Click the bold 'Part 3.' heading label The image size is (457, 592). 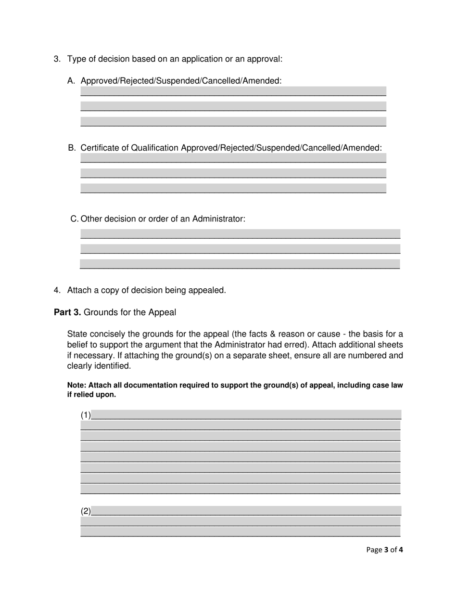coord(67,312)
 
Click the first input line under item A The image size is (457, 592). coord(233,91)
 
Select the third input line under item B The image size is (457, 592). coord(233,188)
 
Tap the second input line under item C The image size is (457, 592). coord(240,249)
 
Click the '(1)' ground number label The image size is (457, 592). coord(86,415)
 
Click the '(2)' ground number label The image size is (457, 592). coord(86,511)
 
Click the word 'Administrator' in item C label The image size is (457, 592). coord(218,219)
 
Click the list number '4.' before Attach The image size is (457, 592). coord(57,290)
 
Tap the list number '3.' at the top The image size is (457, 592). coord(57,59)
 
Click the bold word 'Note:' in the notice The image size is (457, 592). coord(77,385)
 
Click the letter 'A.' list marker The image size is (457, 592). coord(72,81)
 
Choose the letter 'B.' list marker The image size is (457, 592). coord(72,148)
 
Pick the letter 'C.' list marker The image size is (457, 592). coord(74,219)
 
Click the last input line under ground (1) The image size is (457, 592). coord(240,489)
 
